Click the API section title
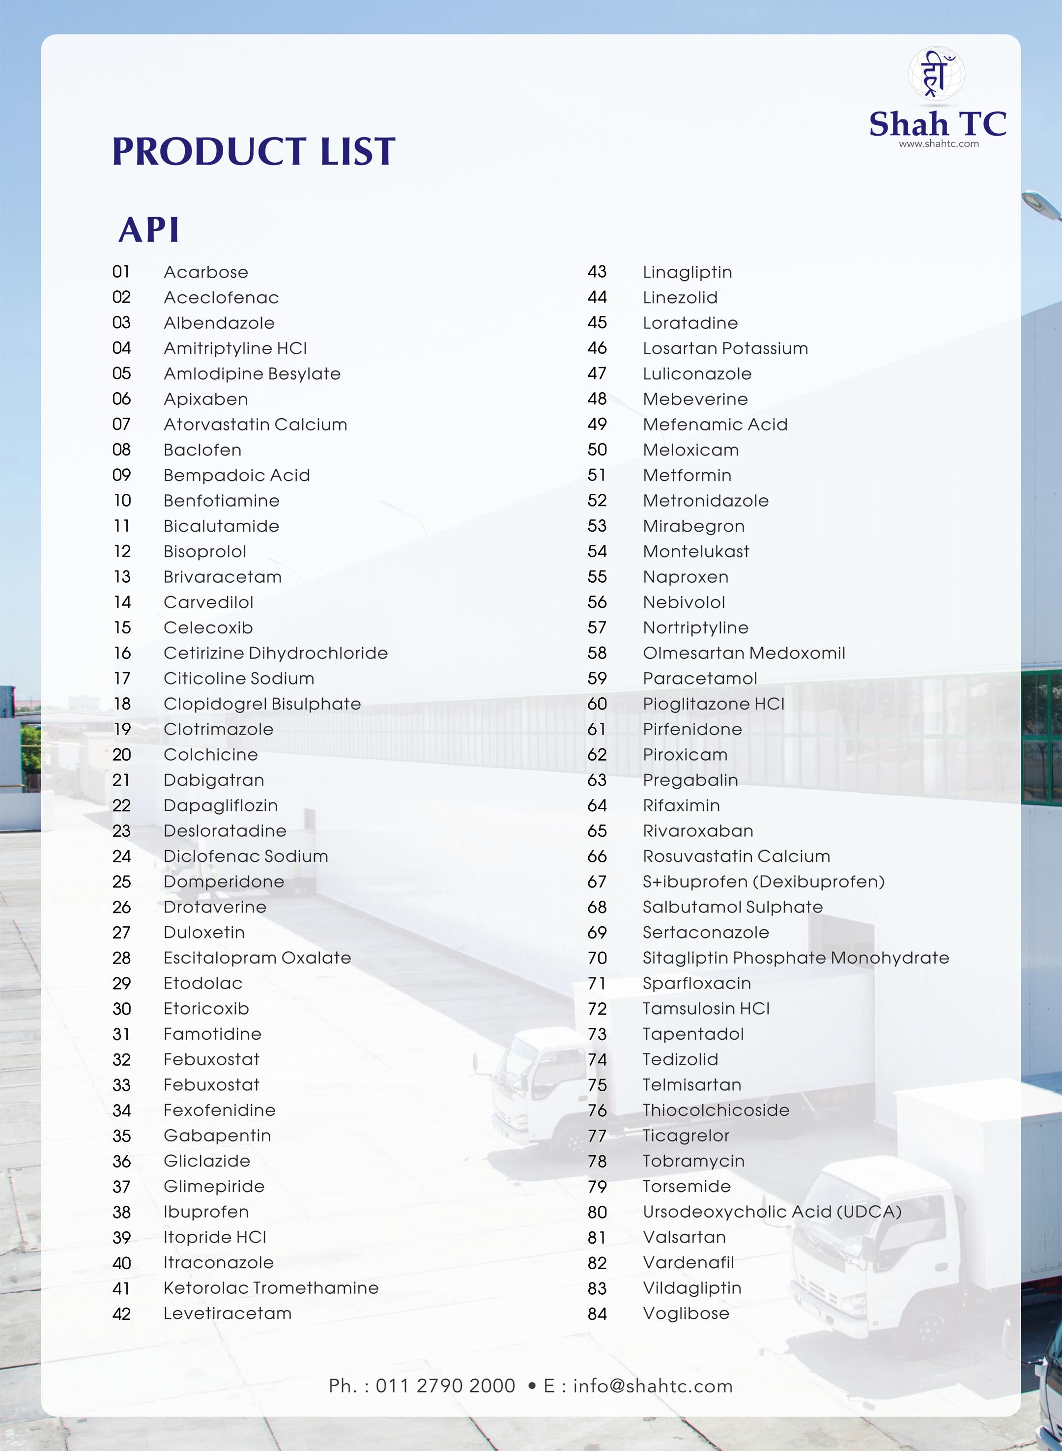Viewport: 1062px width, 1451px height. [x=148, y=229]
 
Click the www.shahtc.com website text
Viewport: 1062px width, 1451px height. [x=938, y=144]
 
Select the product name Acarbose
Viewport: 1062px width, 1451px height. [x=206, y=272]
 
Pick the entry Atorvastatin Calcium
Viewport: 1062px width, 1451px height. [x=255, y=424]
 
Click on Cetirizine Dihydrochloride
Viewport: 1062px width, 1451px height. [x=275, y=653]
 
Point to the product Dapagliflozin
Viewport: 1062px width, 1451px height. [x=221, y=805]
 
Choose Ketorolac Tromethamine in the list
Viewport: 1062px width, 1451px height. [x=271, y=1288]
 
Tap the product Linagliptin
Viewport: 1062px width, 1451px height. [x=687, y=272]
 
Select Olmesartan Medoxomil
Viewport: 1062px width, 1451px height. [x=744, y=653]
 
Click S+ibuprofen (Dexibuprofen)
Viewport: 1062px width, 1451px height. [x=763, y=882]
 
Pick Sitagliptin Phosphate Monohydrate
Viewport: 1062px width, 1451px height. [x=795, y=958]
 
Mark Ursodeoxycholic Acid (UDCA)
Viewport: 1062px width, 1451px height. [x=772, y=1211]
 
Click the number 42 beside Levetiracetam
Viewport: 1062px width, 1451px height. [x=121, y=1314]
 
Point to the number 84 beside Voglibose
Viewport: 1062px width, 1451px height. [x=597, y=1314]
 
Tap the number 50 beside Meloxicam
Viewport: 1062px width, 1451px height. [x=597, y=450]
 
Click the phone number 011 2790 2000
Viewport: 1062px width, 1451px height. [x=445, y=1386]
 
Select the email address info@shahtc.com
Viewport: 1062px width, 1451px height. [x=653, y=1386]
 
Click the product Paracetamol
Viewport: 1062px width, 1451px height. [x=699, y=678]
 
